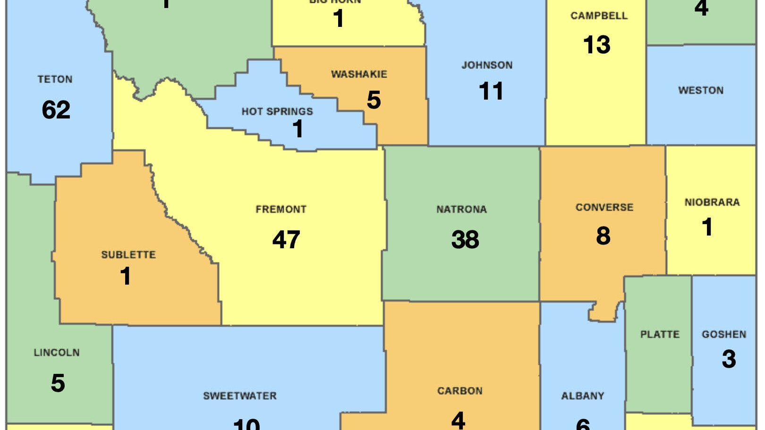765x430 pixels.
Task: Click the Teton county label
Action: [x=55, y=79]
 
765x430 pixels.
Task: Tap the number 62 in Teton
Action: [x=56, y=110]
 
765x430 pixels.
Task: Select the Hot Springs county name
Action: [x=277, y=112]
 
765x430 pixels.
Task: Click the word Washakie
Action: [x=359, y=75]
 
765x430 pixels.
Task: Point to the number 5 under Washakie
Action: [x=374, y=100]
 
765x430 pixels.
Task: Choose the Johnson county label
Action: [x=487, y=65]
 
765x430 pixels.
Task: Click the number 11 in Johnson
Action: [x=491, y=91]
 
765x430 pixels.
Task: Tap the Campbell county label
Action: [x=599, y=16]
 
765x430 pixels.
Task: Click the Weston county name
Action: [x=701, y=90]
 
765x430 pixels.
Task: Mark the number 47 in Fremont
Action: [x=286, y=240]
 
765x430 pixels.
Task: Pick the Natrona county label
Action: [x=461, y=210]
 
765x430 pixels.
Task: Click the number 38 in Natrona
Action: [x=465, y=240]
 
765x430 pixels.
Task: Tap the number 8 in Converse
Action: [x=603, y=236]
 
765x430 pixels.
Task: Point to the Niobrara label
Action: [x=712, y=202]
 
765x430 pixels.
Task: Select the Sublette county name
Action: [x=128, y=255]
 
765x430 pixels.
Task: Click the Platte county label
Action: [x=660, y=335]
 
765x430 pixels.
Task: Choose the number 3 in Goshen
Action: [x=729, y=359]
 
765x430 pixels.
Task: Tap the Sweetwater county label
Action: [x=240, y=396]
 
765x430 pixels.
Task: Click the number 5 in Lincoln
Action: [x=58, y=383]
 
